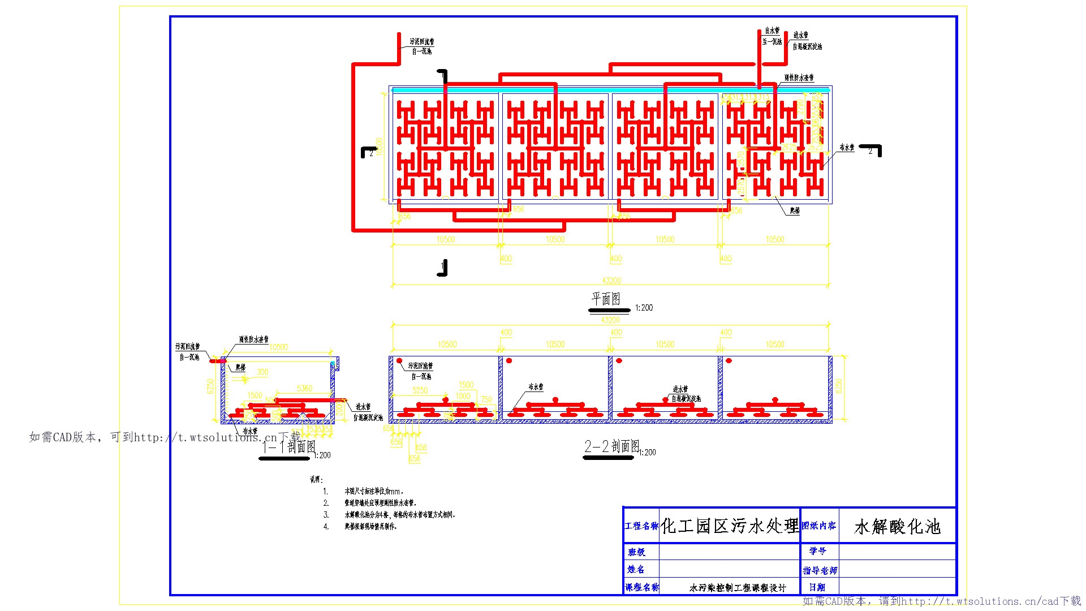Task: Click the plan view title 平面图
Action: (606, 299)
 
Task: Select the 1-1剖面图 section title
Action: (288, 448)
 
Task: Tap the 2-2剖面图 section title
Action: (611, 446)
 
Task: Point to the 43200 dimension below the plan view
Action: (611, 281)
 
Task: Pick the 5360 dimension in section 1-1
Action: (304, 388)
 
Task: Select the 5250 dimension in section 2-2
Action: (420, 390)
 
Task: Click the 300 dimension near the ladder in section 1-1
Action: (262, 372)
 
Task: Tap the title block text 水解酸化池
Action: (897, 527)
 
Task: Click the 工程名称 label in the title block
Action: (641, 526)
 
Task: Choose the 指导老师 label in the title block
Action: (820, 570)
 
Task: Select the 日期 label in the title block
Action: (817, 587)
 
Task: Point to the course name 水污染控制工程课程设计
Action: (738, 588)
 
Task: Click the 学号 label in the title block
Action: (817, 550)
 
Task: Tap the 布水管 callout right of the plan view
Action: (847, 148)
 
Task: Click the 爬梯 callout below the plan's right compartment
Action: (795, 210)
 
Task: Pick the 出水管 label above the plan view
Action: (772, 31)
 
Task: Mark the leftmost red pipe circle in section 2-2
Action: (399, 360)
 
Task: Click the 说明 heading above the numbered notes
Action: (316, 480)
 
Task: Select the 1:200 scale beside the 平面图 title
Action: (644, 308)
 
